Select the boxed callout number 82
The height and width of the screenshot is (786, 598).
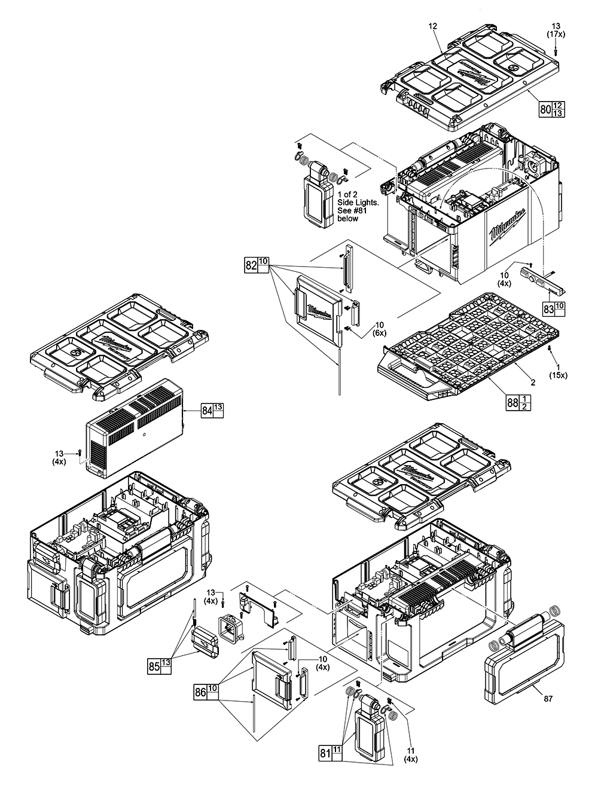251,265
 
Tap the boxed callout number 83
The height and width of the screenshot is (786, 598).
548,309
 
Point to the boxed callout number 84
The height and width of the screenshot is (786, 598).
206,411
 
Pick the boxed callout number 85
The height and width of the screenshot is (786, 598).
154,665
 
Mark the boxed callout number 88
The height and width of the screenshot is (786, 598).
512,403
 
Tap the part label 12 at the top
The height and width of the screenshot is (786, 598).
433,26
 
